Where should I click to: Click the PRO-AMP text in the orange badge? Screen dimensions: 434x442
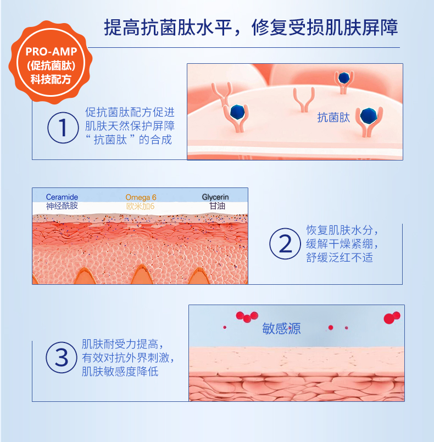51,52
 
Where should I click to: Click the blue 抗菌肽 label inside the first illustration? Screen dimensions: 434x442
333,118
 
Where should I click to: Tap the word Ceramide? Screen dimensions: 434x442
62,197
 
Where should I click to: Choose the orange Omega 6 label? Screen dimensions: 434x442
141,197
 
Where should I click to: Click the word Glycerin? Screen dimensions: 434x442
215,197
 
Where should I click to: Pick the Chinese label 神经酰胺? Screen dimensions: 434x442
62,206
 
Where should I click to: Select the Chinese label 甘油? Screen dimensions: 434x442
217,206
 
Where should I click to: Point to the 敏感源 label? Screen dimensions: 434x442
281,328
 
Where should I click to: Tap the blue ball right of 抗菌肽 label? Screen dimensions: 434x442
368,115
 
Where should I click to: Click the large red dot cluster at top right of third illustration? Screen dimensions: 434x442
392,318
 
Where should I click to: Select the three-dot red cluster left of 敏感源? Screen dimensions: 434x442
247,317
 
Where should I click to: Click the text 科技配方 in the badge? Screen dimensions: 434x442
51,79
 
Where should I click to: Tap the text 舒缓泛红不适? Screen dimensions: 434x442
340,258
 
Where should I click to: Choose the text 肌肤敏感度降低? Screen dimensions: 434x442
120,371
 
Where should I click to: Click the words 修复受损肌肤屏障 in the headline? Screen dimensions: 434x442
325,27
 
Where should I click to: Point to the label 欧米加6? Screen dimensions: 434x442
140,206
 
